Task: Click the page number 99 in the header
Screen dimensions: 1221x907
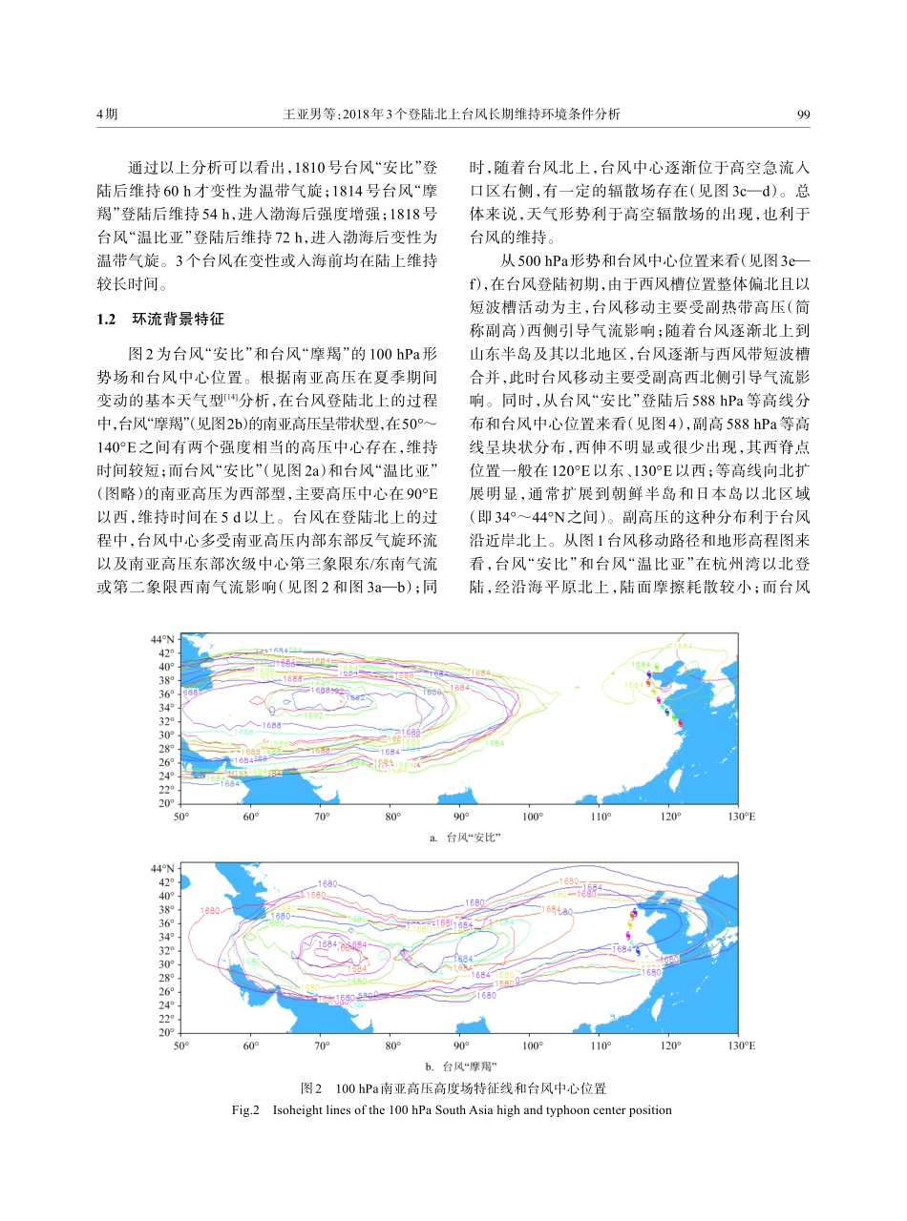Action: [x=803, y=114]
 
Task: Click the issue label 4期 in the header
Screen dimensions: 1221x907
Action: [x=107, y=114]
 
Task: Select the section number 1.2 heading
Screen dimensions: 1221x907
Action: [x=107, y=319]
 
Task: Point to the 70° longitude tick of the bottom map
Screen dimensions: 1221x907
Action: [x=322, y=1046]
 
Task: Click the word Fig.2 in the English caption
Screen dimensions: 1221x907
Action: [x=245, y=1109]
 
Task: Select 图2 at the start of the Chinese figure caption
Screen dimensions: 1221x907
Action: [x=309, y=1088]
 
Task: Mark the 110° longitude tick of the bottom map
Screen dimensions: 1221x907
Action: [x=601, y=1046]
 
